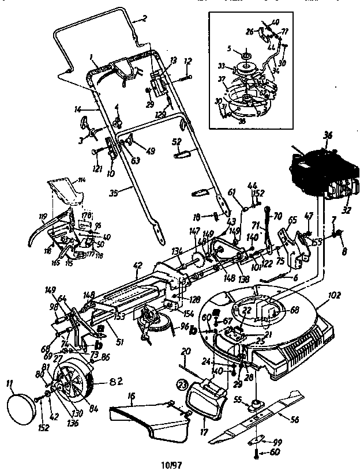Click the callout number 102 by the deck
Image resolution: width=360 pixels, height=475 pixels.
(x=333, y=299)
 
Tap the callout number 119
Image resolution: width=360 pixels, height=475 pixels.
(x=42, y=218)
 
